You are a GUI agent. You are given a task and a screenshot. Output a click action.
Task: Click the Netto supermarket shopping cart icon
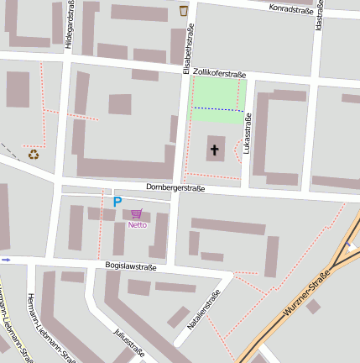coord(136,214)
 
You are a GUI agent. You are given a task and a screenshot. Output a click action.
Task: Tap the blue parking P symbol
coord(117,202)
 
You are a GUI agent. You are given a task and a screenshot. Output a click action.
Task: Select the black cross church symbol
coord(214,150)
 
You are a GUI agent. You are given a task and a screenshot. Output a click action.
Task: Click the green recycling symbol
coord(34,154)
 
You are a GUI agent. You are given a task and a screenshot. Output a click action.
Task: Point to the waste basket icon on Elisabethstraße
coord(184,11)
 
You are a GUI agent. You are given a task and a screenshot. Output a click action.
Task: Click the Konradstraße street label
coord(291,10)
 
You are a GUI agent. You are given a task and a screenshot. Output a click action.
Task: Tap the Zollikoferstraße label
coord(219,74)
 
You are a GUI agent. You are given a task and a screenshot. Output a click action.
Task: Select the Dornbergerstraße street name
coord(175,187)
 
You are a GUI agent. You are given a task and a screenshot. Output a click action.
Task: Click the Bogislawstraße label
coord(131,266)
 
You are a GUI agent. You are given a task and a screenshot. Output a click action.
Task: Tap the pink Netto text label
coord(137,224)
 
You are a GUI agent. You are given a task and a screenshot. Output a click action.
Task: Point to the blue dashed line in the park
coord(218,109)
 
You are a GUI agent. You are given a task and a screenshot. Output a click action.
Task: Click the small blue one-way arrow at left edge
coord(7,260)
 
